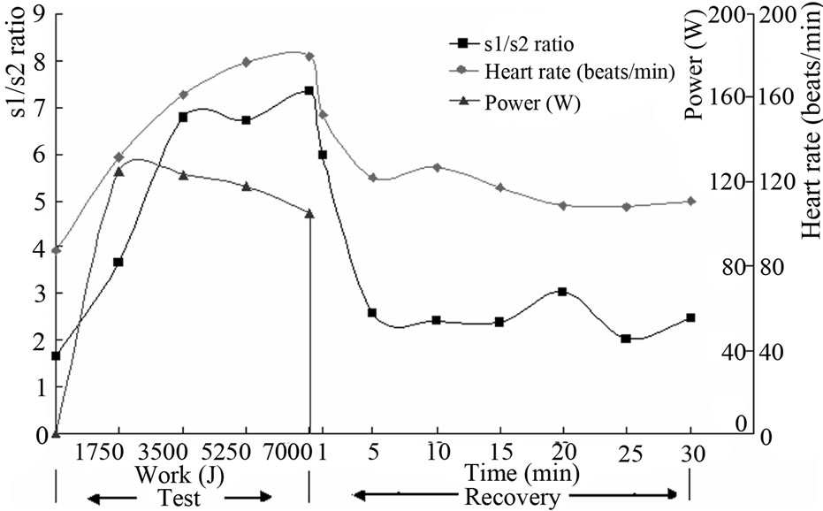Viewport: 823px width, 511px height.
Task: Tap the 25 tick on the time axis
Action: click(626, 451)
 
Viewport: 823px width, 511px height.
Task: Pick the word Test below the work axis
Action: click(175, 497)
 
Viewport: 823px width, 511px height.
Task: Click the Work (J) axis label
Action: click(174, 474)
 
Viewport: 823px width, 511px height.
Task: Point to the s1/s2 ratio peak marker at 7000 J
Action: click(309, 90)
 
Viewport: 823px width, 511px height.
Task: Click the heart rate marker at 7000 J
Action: click(309, 56)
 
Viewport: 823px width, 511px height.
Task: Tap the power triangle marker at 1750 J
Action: click(118, 172)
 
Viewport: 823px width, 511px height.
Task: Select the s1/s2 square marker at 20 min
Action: click(561, 292)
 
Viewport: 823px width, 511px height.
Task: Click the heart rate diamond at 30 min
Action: click(690, 202)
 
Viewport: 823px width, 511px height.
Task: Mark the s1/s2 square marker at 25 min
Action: click(626, 339)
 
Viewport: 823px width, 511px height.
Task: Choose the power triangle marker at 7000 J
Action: click(309, 213)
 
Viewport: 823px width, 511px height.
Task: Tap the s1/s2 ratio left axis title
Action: click(16, 71)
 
